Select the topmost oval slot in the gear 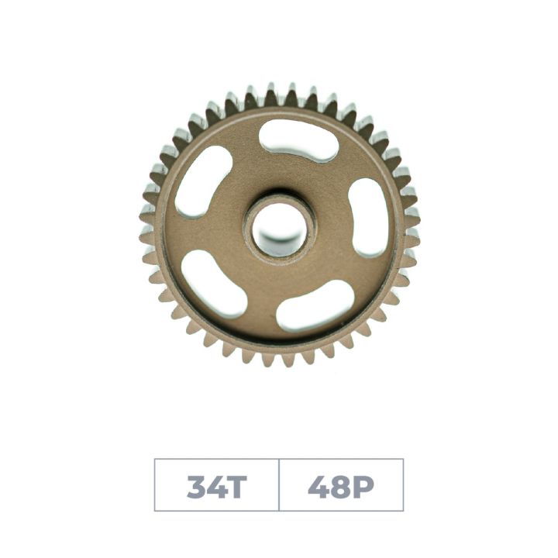pos(298,140)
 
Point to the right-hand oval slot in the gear pos(369,217)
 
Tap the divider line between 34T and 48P pos(279,485)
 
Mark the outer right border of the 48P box pos(403,485)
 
